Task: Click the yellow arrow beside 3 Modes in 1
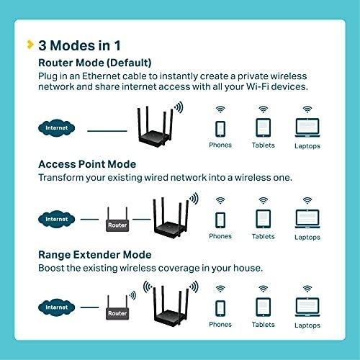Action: click(x=30, y=45)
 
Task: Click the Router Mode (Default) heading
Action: click(x=95, y=63)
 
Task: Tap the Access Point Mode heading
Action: click(x=87, y=164)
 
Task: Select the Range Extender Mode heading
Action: click(x=95, y=255)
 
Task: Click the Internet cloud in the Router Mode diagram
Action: click(x=57, y=128)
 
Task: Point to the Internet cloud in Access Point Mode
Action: click(x=57, y=219)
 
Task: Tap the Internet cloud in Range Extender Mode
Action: click(x=57, y=307)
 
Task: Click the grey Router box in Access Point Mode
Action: click(x=117, y=225)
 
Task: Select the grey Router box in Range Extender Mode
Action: click(x=117, y=313)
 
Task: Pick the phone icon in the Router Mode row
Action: click(x=220, y=129)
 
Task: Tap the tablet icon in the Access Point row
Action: click(x=264, y=219)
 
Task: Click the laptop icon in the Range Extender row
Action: click(x=307, y=307)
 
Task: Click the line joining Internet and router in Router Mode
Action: click(x=107, y=131)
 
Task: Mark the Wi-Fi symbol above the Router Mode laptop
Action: click(x=307, y=109)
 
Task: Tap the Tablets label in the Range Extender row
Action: click(x=264, y=325)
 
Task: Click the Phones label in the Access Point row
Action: click(x=220, y=236)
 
